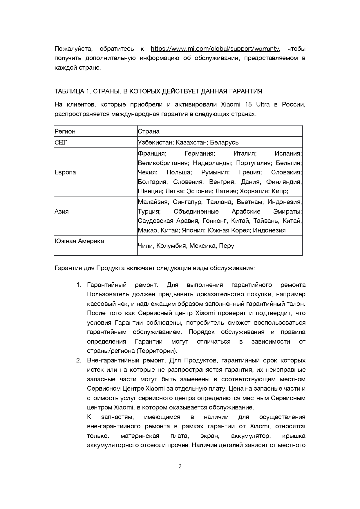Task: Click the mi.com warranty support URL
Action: coord(215,48)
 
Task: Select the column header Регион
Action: coord(65,131)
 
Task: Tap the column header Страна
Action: coord(149,131)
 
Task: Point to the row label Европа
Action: coord(65,172)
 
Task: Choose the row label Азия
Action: coord(61,211)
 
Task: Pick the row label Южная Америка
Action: coord(79,241)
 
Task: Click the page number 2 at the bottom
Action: coord(180,467)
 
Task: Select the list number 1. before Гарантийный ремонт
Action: coord(79,285)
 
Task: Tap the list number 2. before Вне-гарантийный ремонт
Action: coord(79,360)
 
